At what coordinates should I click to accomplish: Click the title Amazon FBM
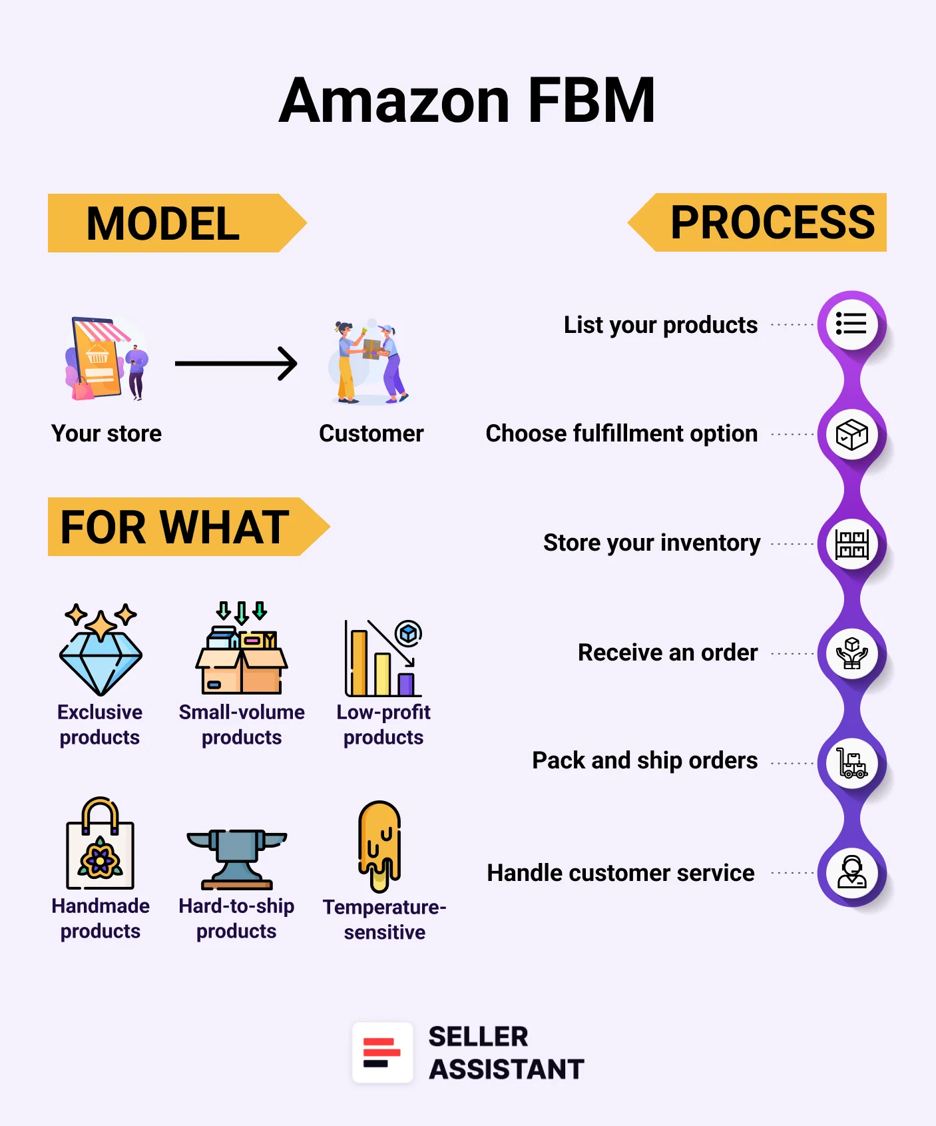(467, 101)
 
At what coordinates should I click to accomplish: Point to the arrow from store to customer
(236, 364)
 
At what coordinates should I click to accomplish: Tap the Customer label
(371, 433)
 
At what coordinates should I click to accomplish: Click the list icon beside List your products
(851, 324)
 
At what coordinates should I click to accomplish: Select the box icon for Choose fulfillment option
(851, 435)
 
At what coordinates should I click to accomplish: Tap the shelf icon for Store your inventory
(851, 544)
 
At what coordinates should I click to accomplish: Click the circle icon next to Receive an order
(851, 653)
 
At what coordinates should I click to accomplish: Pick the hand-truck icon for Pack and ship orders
(851, 763)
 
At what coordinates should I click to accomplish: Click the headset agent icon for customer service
(851, 872)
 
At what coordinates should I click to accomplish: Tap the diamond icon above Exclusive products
(101, 650)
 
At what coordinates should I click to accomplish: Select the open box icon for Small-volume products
(241, 649)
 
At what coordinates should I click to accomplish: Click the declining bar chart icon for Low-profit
(383, 658)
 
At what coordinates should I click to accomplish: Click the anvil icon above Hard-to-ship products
(236, 859)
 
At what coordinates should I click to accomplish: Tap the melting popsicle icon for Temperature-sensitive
(379, 846)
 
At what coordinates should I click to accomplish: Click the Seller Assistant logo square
(382, 1053)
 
